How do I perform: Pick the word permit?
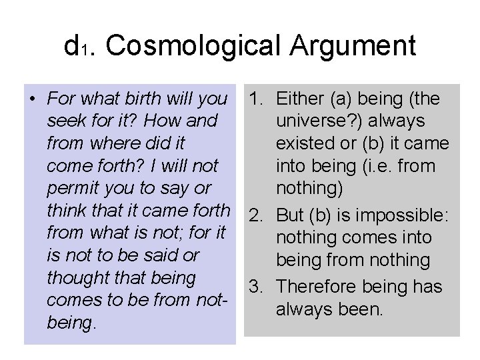[73, 188]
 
